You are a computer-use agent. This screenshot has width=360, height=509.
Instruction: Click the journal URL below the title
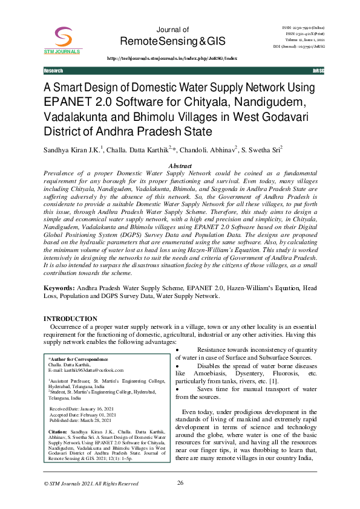pos(172,58)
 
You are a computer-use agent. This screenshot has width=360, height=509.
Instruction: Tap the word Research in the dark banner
pos(53,71)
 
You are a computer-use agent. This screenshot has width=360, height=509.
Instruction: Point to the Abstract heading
pos(180,165)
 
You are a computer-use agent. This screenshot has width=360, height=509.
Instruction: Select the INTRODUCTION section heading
pos(71,319)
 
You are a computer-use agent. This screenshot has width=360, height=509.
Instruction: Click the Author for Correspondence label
pos(80,359)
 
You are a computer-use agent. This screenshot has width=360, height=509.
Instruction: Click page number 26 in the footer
pos(180,483)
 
